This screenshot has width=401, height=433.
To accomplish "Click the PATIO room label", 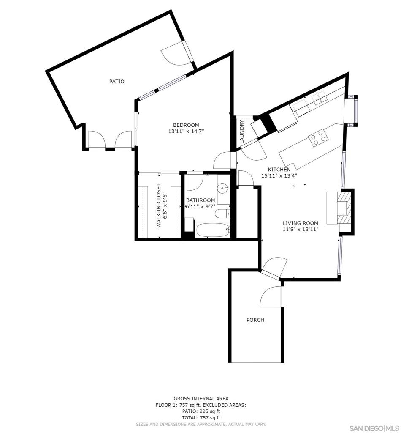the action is click(x=117, y=82).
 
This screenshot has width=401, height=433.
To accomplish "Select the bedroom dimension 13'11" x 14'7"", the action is click(x=186, y=132).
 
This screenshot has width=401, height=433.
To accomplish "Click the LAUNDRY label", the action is click(x=242, y=132).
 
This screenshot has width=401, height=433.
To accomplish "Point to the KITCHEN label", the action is click(x=279, y=170).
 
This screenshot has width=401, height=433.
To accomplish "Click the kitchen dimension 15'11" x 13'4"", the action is click(x=279, y=175).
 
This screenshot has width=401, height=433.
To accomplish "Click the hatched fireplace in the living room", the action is click(x=344, y=208).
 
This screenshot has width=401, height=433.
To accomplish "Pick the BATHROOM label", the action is click(x=200, y=200).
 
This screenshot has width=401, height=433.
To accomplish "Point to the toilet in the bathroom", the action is click(x=223, y=214).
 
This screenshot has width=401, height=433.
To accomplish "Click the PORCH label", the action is click(x=255, y=320).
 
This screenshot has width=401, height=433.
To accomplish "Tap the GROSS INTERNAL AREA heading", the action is click(x=201, y=398).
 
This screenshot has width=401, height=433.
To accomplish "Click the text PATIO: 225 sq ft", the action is click(x=201, y=411).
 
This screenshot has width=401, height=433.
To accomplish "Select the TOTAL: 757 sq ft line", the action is click(x=201, y=417).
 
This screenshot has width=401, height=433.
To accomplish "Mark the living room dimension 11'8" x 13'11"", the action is click(x=301, y=229).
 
